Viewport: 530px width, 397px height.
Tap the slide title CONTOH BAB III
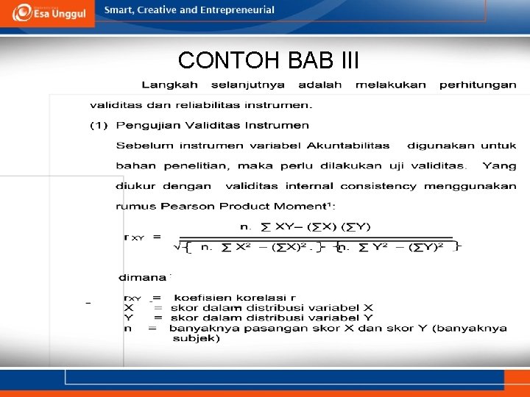coord(268,60)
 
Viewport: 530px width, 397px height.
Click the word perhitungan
coord(478,85)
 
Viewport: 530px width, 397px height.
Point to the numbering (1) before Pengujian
coord(99,126)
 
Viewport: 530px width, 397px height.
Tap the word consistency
coord(378,187)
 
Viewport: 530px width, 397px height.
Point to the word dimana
coord(144,278)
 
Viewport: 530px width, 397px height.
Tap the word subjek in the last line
coord(197,339)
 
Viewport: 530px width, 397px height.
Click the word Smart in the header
coord(119,10)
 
